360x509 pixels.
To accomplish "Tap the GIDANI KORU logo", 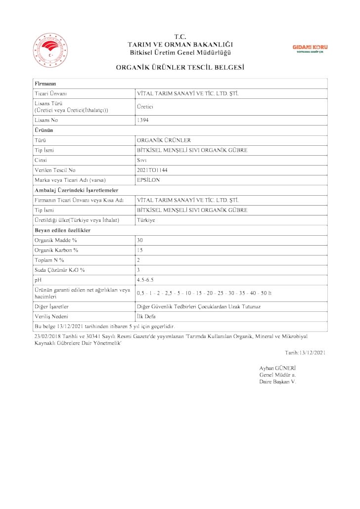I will pos(310,48).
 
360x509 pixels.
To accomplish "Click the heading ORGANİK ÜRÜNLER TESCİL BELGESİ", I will pos(180,67).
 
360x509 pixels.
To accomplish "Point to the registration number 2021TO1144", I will pos(152,170).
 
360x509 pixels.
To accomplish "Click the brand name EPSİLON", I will pos(148,180).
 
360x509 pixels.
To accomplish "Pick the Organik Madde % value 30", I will pos(140,240).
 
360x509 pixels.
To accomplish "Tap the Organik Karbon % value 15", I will pos(140,250).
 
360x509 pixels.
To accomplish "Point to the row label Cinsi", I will pos(41,160).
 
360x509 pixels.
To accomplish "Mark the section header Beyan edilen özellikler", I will pos(62,230).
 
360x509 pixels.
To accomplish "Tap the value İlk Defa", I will pos(146,316).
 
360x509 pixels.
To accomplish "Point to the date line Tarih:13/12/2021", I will pos(305,352).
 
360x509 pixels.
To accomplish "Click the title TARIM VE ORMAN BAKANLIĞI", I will pos(180,44).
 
